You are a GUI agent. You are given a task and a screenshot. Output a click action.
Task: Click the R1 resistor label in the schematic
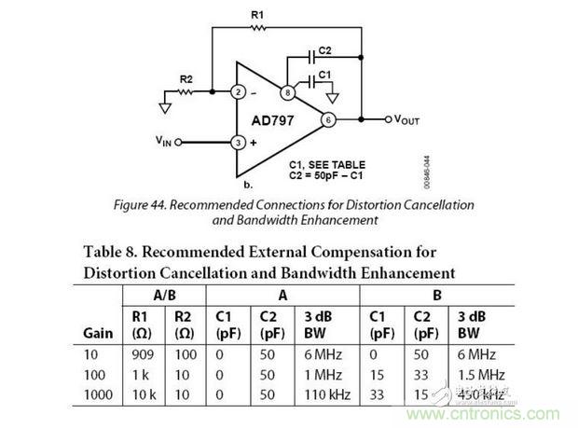point(258,15)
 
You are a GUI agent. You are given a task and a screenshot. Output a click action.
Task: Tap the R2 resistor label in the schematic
point(186,80)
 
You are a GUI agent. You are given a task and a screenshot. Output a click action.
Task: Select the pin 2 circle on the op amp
point(239,91)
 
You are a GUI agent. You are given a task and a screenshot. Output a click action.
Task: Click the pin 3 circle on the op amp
point(239,143)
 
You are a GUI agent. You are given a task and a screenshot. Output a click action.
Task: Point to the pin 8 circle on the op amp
point(288,92)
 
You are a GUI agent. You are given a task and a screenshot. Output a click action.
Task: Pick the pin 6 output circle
point(328,119)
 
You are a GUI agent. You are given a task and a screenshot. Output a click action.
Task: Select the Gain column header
point(97,332)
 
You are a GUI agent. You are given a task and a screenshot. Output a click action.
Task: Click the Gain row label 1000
point(97,394)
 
